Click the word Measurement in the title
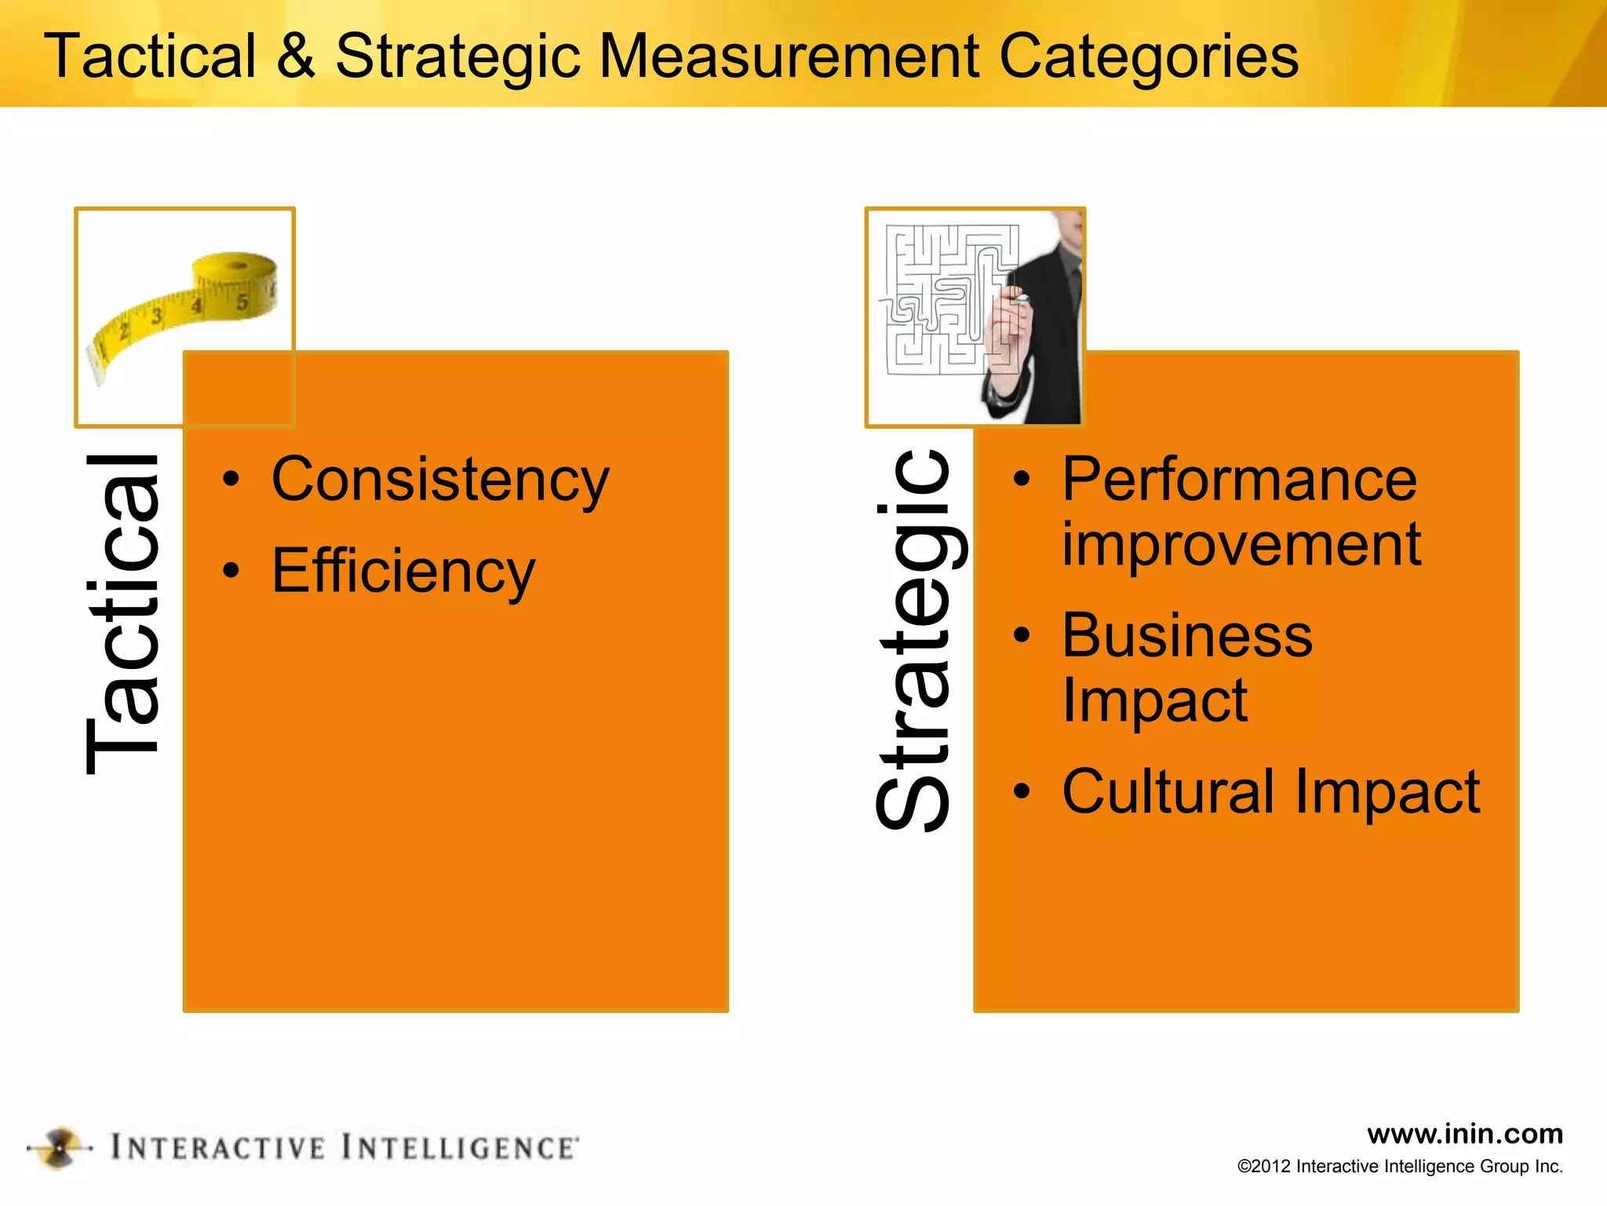(789, 57)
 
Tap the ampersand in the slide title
(296, 57)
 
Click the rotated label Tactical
(123, 614)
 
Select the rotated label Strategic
(914, 639)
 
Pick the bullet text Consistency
(440, 481)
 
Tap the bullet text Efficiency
(403, 572)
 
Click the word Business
(1187, 635)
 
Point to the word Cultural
(1168, 791)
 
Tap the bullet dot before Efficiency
(231, 571)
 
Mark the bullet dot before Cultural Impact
(1021, 791)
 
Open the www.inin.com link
(1464, 1134)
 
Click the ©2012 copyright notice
(1400, 1167)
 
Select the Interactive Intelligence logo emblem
(60, 1148)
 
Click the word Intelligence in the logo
(460, 1148)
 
